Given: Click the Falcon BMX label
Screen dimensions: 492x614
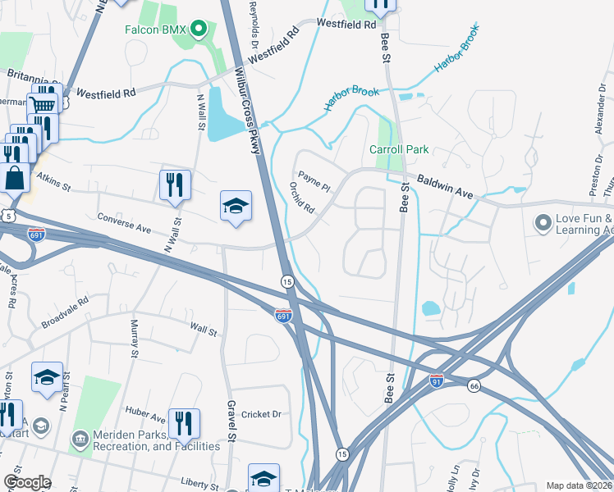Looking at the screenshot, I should pyautogui.click(x=157, y=30).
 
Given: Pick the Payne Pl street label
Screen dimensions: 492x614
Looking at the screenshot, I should pyautogui.click(x=314, y=181).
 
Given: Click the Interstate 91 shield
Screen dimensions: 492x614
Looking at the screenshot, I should pyautogui.click(x=437, y=380).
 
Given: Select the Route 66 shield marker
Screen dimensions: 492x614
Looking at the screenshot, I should pyautogui.click(x=474, y=385).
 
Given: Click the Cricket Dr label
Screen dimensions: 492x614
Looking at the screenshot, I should pyautogui.click(x=262, y=414).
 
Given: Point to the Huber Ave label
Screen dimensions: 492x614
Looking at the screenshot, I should pyautogui.click(x=145, y=414).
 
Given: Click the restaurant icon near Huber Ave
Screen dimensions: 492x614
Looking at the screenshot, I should pyautogui.click(x=184, y=424).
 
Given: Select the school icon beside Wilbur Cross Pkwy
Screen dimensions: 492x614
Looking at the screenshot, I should pyautogui.click(x=236, y=206).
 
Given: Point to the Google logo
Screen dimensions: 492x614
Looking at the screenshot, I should pyautogui.click(x=27, y=482).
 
